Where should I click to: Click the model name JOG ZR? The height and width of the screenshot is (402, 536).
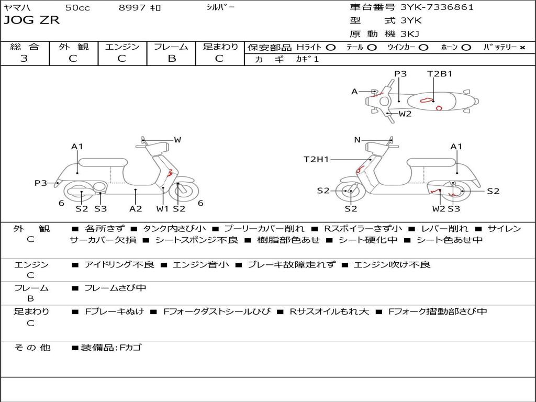pyautogui.click(x=31, y=20)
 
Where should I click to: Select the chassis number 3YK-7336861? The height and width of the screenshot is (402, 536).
pyautogui.click(x=437, y=7)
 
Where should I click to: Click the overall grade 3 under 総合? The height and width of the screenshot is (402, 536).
pyautogui.click(x=24, y=59)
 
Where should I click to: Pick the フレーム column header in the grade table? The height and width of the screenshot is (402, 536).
pyautogui.click(x=171, y=47)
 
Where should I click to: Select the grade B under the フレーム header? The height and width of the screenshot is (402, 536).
pyautogui.click(x=171, y=59)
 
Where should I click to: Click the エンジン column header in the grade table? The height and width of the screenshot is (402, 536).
pyautogui.click(x=122, y=47)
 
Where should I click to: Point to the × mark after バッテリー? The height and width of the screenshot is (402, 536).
pyautogui.click(x=522, y=47)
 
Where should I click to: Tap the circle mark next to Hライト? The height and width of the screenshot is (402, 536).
pyautogui.click(x=330, y=47)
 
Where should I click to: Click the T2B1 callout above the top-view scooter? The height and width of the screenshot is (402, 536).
pyautogui.click(x=439, y=74)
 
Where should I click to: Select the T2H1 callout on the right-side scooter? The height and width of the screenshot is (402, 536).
pyautogui.click(x=316, y=159)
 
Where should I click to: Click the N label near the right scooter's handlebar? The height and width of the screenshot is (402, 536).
pyautogui.click(x=358, y=140)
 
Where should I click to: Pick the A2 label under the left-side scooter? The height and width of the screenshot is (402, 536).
pyautogui.click(x=136, y=208)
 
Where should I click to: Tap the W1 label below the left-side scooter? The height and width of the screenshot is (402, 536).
pyautogui.click(x=163, y=208)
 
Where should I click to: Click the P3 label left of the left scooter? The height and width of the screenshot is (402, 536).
pyautogui.click(x=41, y=183)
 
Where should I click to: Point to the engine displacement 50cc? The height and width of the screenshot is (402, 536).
pyautogui.click(x=77, y=8)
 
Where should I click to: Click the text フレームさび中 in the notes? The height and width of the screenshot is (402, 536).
pyautogui.click(x=115, y=288)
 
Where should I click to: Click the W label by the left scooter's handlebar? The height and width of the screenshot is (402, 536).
pyautogui.click(x=177, y=140)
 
